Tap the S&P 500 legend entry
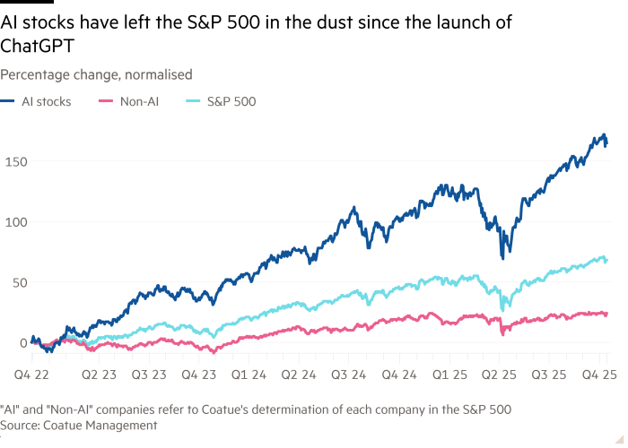pyautogui.click(x=231, y=102)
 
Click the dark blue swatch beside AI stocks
pyautogui.click(x=10, y=102)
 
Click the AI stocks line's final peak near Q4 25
pyautogui.click(x=602, y=135)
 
